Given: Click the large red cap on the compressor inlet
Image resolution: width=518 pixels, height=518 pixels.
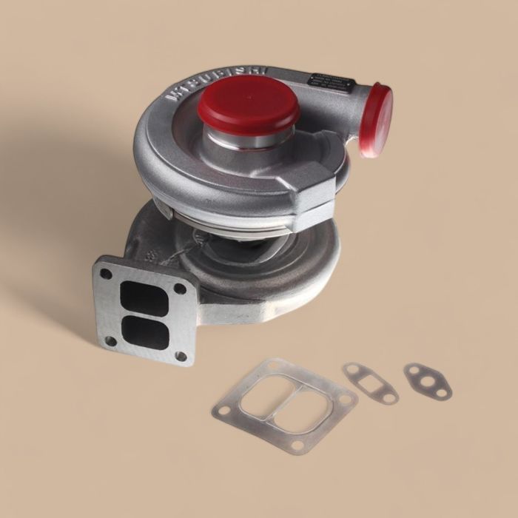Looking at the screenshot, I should point(248,101).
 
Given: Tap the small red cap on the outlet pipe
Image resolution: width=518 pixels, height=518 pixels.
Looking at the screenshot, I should point(378,120).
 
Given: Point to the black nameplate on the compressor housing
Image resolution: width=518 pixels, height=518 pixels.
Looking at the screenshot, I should point(333,82).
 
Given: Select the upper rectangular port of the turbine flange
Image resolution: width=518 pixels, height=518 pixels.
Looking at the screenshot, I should point(144,298).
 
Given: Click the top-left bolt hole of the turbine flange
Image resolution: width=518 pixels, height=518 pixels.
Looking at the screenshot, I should point(107,274).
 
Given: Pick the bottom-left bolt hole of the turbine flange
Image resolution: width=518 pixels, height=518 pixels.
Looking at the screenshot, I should point(111,340).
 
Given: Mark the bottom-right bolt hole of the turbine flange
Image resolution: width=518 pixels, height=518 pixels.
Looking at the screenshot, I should point(181,356).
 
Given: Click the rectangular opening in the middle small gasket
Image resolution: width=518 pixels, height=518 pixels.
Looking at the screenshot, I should point(370,383).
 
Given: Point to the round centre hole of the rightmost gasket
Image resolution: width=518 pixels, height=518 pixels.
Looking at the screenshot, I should point(427,380).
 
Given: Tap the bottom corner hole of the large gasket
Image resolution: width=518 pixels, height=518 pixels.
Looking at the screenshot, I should point(297,445).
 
